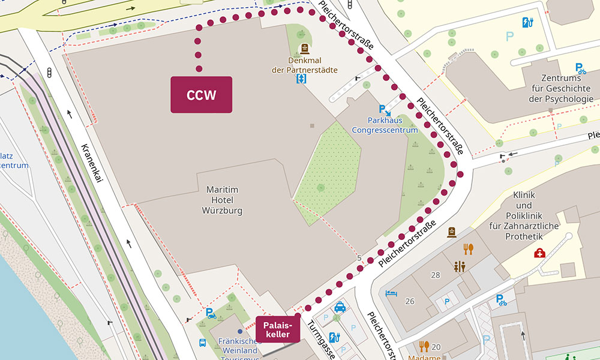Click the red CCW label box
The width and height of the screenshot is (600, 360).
(x=201, y=95)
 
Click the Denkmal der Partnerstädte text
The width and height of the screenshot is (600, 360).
(x=304, y=65)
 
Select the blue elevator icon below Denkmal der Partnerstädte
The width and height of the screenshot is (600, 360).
(x=301, y=79)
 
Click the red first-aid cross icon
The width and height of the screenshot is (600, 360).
(x=539, y=253)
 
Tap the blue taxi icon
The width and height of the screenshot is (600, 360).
(x=340, y=307)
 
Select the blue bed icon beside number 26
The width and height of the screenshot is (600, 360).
(x=391, y=293)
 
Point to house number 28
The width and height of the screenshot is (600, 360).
(x=435, y=274)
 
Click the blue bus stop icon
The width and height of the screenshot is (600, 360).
(x=203, y=343)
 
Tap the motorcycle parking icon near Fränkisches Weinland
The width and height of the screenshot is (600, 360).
(x=211, y=313)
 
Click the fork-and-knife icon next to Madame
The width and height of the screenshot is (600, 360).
(x=424, y=346)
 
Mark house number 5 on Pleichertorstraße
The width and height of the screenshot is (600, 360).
(x=359, y=259)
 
